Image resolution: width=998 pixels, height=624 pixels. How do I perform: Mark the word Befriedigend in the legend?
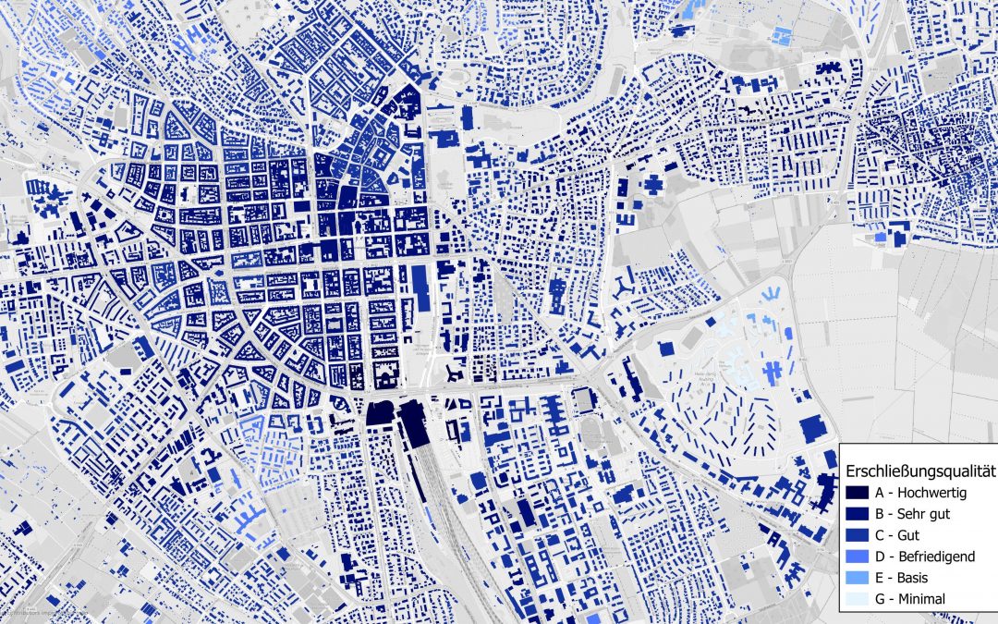(x=938, y=557)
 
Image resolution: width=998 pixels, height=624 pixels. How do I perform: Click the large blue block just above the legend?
(x=812, y=428)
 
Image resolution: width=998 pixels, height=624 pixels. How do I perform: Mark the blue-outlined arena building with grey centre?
(x=582, y=400)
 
